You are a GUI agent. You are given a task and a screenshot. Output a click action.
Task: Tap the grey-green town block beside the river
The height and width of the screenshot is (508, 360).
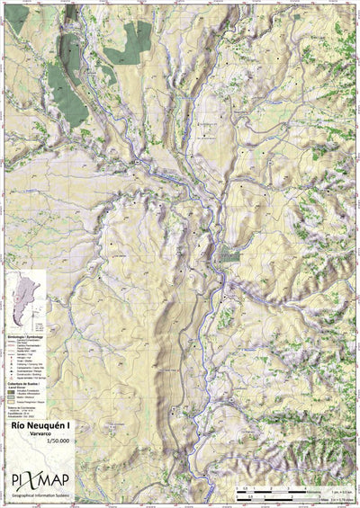[x=231, y=255]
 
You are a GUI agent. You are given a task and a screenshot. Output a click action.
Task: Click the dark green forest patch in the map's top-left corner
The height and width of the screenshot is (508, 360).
[x=67, y=94]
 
